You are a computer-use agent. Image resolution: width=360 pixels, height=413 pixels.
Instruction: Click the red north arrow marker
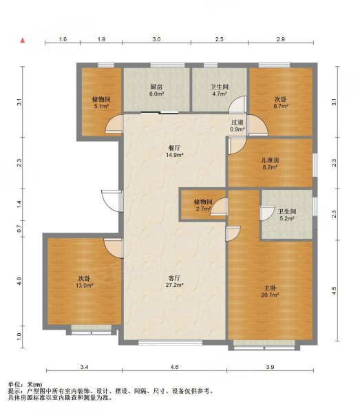[23, 40]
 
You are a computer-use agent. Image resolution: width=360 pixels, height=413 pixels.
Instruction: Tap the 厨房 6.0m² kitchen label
[157, 89]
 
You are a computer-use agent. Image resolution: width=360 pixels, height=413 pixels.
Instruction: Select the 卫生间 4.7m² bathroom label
[220, 89]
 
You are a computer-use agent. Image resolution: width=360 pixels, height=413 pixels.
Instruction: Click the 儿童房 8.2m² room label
[270, 163]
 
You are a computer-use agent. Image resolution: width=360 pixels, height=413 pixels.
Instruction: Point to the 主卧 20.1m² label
[271, 292]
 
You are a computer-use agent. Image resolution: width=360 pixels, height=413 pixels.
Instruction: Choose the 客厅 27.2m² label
[174, 282]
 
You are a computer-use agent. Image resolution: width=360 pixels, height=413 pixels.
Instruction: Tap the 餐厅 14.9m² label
[174, 151]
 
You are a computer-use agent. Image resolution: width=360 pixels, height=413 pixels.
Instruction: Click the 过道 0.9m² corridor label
[237, 126]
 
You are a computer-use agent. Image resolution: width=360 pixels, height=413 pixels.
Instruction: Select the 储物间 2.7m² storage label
[203, 205]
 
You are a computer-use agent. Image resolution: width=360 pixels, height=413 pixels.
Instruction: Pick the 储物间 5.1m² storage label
[101, 103]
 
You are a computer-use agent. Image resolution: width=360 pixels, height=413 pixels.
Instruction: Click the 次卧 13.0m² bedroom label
[84, 282]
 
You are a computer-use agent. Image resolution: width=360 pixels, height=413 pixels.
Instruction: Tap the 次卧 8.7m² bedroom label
[281, 103]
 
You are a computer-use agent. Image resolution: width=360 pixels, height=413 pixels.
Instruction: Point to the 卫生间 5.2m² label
[287, 215]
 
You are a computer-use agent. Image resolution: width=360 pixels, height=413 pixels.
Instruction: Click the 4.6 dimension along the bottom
[174, 367]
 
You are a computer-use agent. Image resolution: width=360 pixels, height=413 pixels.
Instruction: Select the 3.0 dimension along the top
[156, 39]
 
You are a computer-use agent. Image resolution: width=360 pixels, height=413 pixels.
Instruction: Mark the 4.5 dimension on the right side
[334, 290]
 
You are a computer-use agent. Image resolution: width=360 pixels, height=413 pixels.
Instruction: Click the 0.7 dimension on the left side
[19, 229]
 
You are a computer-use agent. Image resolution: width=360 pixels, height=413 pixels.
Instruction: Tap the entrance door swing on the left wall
[111, 201]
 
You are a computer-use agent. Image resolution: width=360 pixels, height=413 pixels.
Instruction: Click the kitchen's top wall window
[167, 65]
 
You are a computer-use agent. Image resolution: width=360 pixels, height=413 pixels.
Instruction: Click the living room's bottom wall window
[171, 342]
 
